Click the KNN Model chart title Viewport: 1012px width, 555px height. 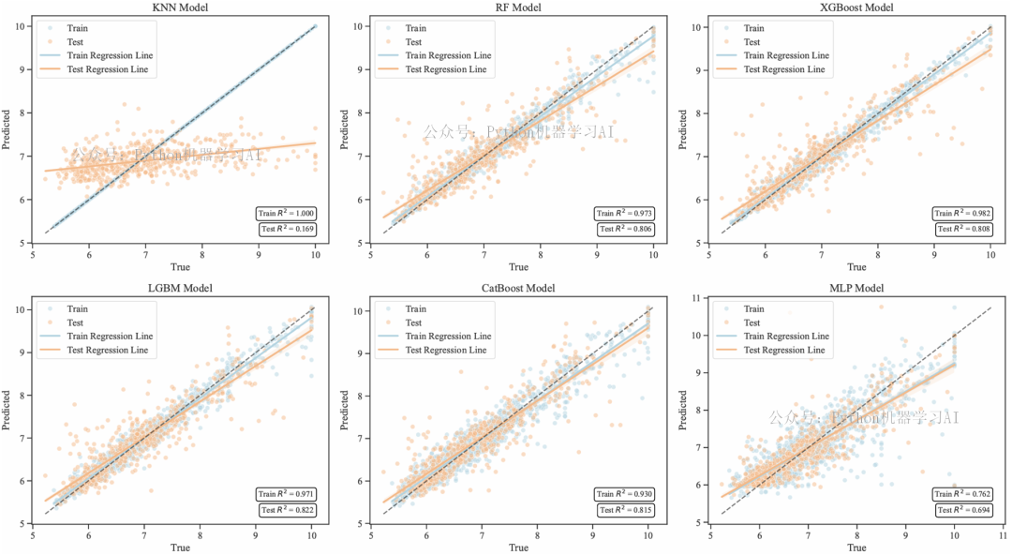click(x=180, y=8)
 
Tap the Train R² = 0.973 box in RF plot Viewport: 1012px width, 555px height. click(x=624, y=214)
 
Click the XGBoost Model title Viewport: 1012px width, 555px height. click(x=856, y=8)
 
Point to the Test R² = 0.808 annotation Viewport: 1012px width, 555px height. click(x=962, y=230)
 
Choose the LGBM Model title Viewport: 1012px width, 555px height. click(x=180, y=289)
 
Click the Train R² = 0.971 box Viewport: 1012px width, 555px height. click(x=286, y=494)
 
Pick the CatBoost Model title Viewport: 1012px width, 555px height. click(x=518, y=289)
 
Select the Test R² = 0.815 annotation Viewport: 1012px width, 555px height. click(x=624, y=510)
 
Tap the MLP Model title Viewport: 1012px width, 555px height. click(x=856, y=289)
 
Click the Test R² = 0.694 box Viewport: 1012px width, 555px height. click(x=962, y=510)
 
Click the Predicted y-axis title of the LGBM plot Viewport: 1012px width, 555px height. click(x=7, y=410)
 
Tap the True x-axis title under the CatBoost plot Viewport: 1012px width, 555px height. click(x=518, y=547)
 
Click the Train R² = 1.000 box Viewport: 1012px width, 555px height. click(x=286, y=214)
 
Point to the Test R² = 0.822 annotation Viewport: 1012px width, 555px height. click(x=286, y=510)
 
